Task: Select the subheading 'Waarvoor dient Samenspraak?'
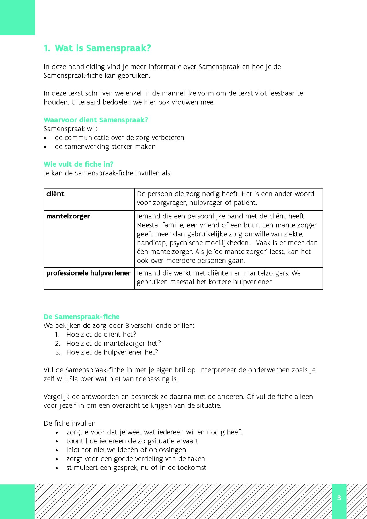[96, 120]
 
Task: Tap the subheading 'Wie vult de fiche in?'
[79, 164]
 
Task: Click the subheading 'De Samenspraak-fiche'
[81, 317]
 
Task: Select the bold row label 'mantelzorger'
[68, 216]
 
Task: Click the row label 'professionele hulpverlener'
[88, 273]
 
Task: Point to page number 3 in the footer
[339, 498]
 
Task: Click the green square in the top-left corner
[17, 17]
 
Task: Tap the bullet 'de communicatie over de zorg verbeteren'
[119, 138]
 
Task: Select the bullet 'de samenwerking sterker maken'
[105, 147]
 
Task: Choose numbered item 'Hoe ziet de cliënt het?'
[101, 334]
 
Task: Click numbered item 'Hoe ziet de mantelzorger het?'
[113, 343]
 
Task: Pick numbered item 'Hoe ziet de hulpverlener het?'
[112, 352]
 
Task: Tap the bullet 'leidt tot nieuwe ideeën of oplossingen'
[126, 450]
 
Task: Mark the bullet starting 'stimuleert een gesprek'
[136, 468]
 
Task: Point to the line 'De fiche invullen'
[70, 423]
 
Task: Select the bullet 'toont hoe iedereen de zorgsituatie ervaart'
[132, 441]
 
